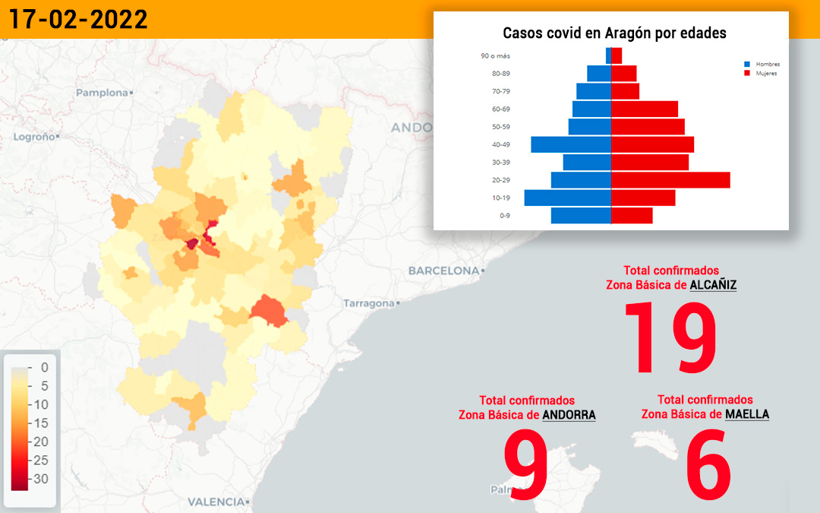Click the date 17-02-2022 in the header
pyautogui.click(x=78, y=19)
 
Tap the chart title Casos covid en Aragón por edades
pyautogui.click(x=614, y=33)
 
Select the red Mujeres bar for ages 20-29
pyautogui.click(x=670, y=180)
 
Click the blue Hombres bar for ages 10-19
pyautogui.click(x=568, y=198)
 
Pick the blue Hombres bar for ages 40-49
pyautogui.click(x=571, y=144)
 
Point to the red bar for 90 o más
pyautogui.click(x=617, y=56)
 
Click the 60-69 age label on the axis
pyautogui.click(x=501, y=109)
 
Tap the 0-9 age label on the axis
pyautogui.click(x=505, y=216)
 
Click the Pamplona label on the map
pyautogui.click(x=102, y=93)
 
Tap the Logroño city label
pyautogui.click(x=34, y=137)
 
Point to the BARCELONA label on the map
pyautogui.click(x=443, y=271)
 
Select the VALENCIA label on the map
pyautogui.click(x=216, y=502)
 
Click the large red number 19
pyautogui.click(x=670, y=337)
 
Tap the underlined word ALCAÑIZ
pyautogui.click(x=713, y=285)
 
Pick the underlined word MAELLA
pyautogui.click(x=747, y=415)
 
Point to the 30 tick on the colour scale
pyautogui.click(x=41, y=479)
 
